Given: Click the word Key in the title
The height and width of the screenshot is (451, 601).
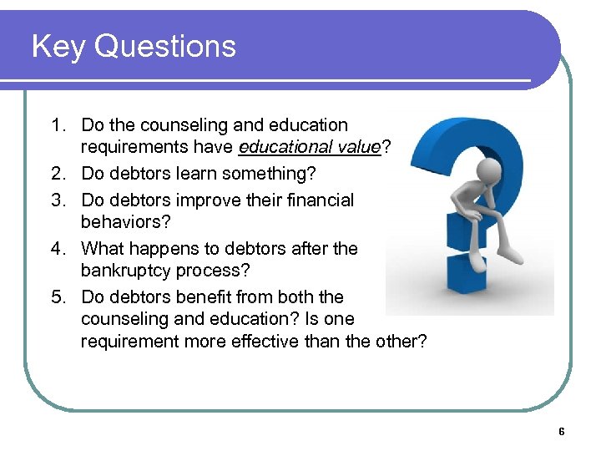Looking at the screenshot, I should [58, 46].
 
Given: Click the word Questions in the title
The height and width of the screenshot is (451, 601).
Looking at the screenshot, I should [165, 46].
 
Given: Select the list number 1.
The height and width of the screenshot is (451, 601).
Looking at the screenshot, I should [56, 125].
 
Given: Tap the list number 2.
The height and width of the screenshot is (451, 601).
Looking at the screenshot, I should [56, 174].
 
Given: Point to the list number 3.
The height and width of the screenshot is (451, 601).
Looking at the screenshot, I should [56, 200].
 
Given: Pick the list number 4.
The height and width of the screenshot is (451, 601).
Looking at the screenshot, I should [56, 249].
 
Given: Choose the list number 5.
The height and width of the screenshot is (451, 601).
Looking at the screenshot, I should [56, 297].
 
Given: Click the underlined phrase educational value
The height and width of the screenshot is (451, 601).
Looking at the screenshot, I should [309, 148].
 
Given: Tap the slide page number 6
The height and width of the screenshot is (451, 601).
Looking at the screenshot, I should [561, 432].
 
